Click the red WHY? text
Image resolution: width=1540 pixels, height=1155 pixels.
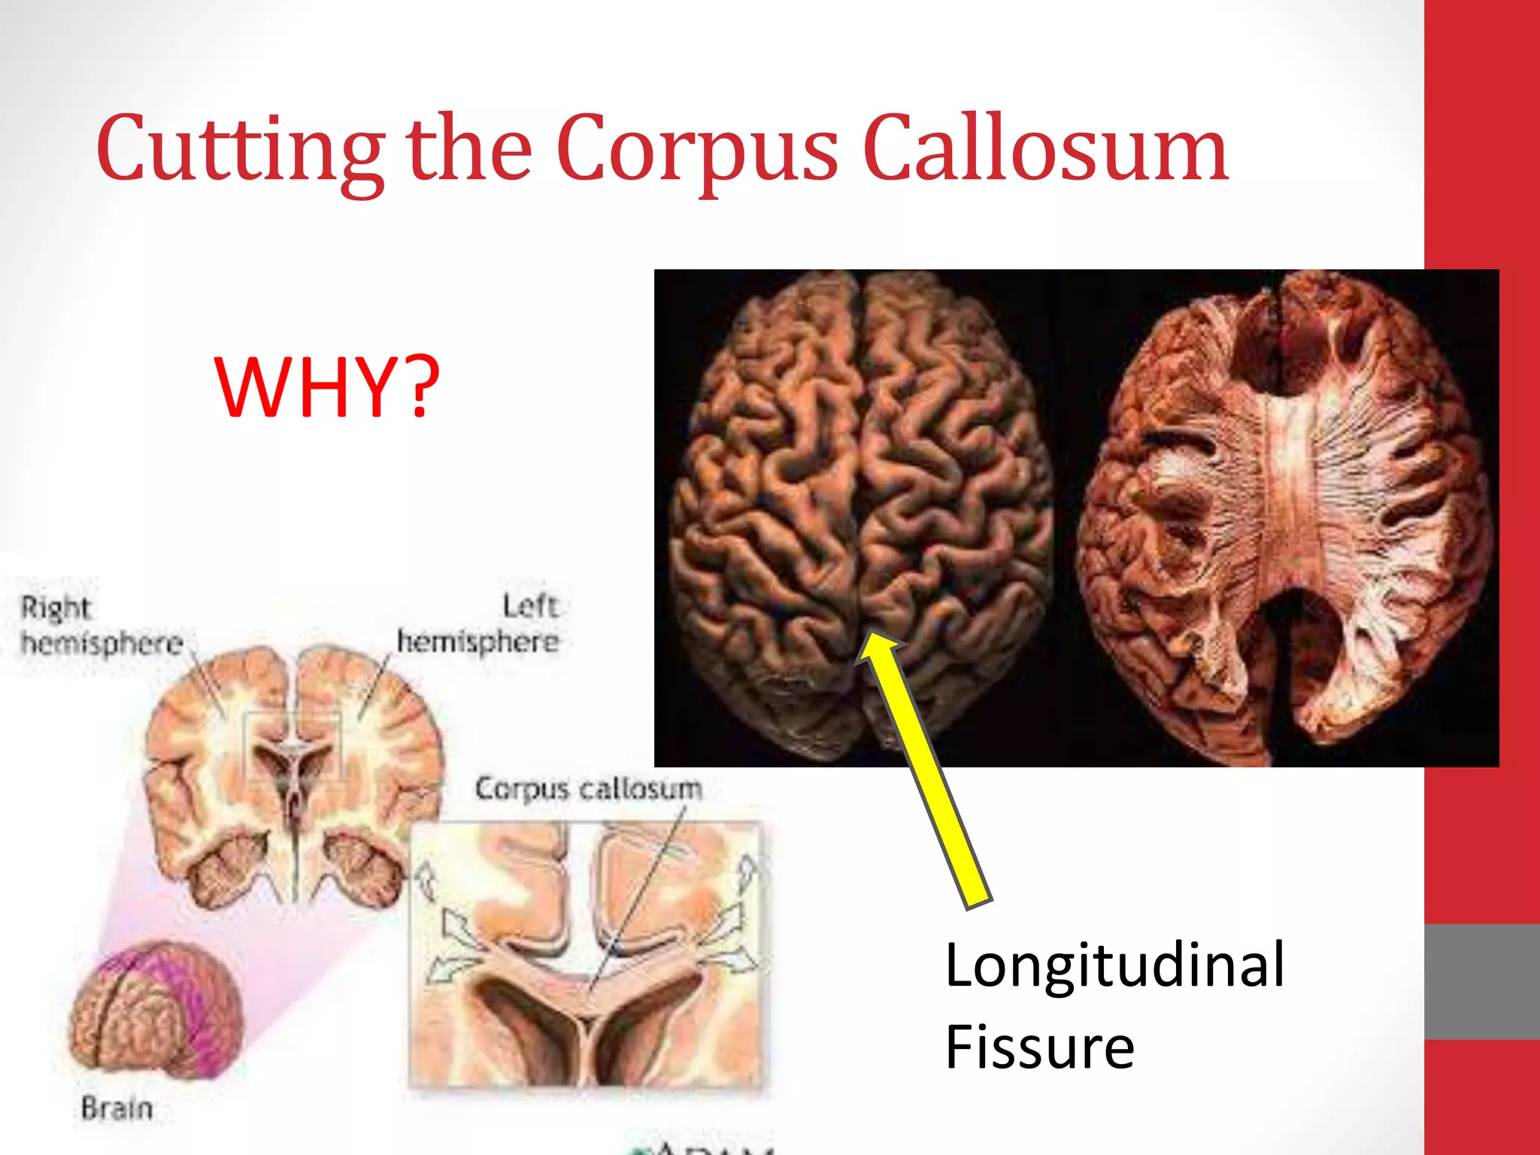[x=326, y=387]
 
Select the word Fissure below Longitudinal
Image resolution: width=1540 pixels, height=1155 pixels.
[x=1039, y=1047]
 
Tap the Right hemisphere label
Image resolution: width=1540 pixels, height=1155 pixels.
[x=102, y=626]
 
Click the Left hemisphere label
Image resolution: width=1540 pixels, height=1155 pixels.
[x=478, y=624]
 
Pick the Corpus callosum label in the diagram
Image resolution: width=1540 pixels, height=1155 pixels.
[x=588, y=788]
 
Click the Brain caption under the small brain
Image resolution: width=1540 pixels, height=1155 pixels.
[x=117, y=1108]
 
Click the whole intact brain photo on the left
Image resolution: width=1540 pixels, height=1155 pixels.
[x=861, y=511]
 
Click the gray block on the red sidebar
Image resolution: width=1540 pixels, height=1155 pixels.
[x=1481, y=981]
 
